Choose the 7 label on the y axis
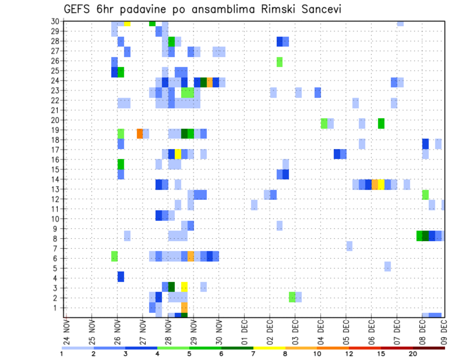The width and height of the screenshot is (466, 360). click(x=57, y=248)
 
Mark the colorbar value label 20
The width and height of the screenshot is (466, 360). click(x=413, y=354)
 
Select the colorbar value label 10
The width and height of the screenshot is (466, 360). click(x=317, y=354)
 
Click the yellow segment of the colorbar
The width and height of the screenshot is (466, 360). click(x=269, y=348)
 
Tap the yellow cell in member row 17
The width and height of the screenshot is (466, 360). click(x=178, y=154)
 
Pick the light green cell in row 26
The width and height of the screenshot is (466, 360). click(x=280, y=62)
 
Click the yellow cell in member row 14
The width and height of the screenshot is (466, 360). click(x=381, y=184)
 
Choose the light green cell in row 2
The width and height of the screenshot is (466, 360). click(x=292, y=297)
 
